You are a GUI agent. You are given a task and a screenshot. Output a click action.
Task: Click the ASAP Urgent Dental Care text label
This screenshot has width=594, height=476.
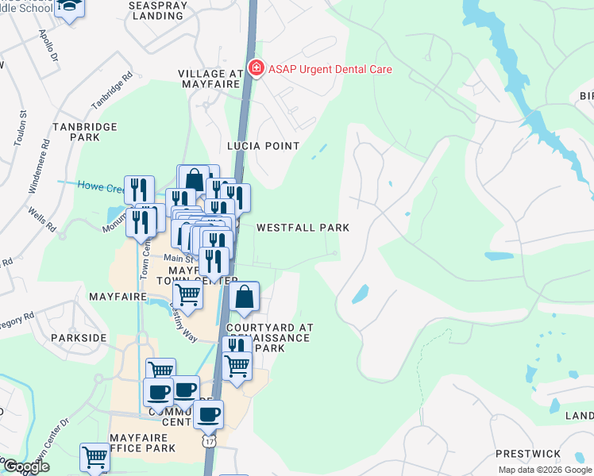(331, 69)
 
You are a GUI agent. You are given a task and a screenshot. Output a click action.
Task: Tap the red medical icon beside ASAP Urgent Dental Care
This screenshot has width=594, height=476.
(256, 69)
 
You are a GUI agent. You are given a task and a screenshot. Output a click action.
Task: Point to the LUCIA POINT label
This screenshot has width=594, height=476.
(263, 146)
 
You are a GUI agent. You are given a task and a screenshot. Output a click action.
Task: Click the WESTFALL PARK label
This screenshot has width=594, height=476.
(303, 228)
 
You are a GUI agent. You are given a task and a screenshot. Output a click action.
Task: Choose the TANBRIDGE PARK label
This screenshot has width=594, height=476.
(84, 132)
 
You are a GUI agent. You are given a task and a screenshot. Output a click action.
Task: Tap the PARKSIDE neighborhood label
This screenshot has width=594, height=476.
(79, 338)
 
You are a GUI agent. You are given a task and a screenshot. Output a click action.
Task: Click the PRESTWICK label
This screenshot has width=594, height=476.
(521, 454)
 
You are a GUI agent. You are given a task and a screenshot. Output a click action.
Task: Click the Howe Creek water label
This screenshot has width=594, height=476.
(99, 186)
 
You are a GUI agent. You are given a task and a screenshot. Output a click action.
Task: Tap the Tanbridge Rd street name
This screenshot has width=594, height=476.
(111, 92)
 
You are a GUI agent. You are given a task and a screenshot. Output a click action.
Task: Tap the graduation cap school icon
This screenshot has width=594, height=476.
(68, 7)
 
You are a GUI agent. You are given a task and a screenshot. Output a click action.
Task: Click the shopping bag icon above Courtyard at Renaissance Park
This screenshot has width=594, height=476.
(245, 299)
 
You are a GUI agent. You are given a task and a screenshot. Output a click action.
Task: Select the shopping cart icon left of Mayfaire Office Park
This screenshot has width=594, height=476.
(94, 458)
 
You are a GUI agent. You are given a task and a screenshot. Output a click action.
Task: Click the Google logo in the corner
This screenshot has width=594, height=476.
(25, 466)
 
